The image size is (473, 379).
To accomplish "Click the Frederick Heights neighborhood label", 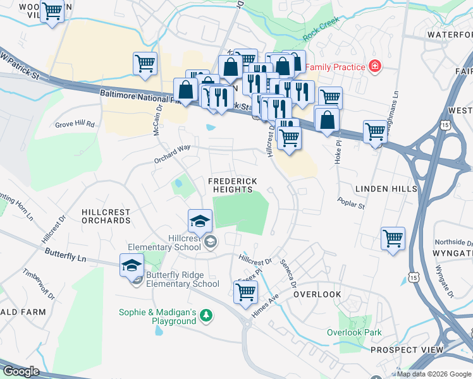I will click(x=233, y=186).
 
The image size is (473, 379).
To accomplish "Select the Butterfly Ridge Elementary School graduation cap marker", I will click(x=132, y=265).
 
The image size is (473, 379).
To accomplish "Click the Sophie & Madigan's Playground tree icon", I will click(x=206, y=315).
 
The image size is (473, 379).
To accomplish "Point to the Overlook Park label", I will click(x=354, y=332).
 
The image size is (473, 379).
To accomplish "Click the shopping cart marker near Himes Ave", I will click(x=245, y=291).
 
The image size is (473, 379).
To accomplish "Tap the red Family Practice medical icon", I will click(x=375, y=66).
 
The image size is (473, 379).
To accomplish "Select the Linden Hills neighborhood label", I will click(x=386, y=189).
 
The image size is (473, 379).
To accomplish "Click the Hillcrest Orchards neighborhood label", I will click(x=106, y=217).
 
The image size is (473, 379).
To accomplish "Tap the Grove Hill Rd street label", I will click(x=74, y=124).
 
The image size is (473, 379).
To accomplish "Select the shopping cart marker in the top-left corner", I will click(x=52, y=11).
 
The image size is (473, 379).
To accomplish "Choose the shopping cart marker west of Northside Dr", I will click(x=393, y=239).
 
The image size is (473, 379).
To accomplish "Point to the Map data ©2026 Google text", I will click(x=434, y=374).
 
